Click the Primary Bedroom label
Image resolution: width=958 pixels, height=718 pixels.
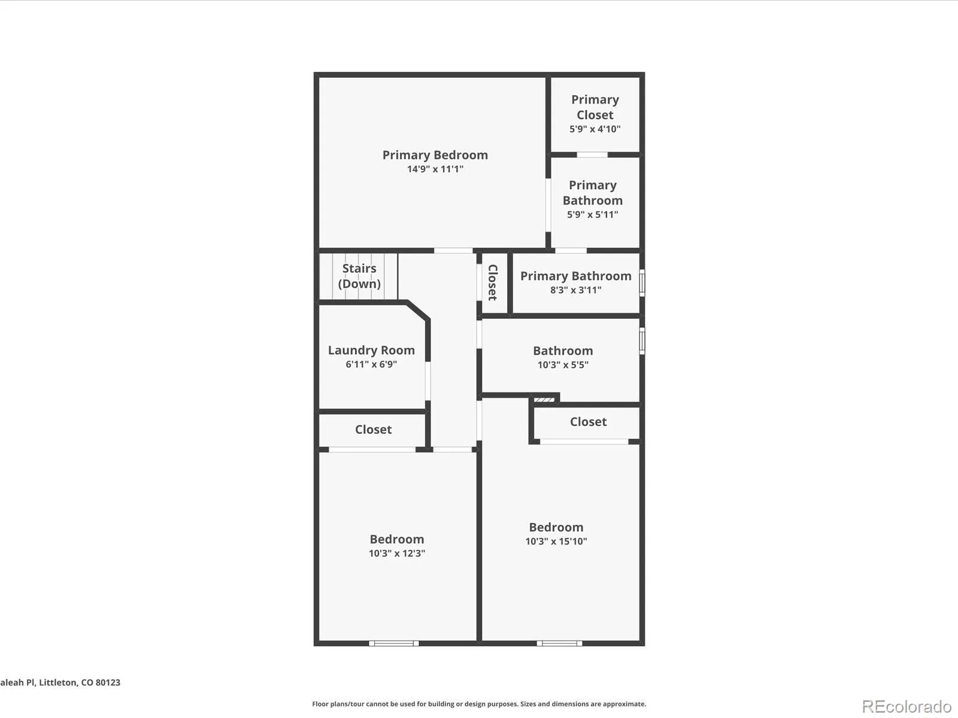pos(435,155)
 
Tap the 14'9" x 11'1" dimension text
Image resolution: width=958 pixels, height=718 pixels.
pos(435,169)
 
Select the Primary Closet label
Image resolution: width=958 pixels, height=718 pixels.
pos(595,107)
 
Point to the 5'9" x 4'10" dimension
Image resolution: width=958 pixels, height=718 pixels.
pos(595,129)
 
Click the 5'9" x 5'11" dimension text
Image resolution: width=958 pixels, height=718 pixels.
pos(593,214)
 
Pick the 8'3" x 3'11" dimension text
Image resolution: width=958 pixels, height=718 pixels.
pos(575,290)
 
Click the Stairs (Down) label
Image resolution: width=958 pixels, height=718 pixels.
pos(359,276)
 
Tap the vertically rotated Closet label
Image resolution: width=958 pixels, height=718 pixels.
pos(493,282)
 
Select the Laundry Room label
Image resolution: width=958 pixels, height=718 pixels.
pos(371,351)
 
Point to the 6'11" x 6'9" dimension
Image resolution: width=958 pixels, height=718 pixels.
pos(371,364)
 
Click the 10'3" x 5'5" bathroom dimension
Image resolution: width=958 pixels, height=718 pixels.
pos(563,365)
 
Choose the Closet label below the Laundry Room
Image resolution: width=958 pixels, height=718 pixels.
pos(373,430)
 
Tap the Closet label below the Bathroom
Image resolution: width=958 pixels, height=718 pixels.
pos(589,422)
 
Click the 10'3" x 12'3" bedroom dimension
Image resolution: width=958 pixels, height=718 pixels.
pos(397,553)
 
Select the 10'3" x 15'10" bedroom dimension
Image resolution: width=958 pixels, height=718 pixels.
pos(556,541)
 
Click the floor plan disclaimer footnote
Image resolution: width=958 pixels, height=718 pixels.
pos(479,704)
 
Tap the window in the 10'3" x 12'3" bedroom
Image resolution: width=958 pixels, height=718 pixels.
pos(393,643)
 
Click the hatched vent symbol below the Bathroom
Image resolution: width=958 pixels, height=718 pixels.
pos(544,400)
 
